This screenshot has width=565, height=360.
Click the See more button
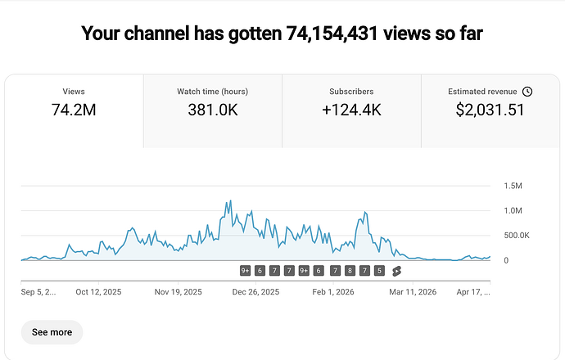tap(52, 332)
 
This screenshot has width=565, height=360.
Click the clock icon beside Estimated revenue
tap(527, 92)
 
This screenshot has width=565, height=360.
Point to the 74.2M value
tap(74, 110)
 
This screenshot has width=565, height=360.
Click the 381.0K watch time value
tap(212, 110)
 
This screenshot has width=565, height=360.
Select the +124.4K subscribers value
tap(351, 110)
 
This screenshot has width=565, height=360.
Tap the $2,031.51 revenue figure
tap(490, 110)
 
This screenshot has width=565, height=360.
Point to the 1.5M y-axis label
tap(513, 187)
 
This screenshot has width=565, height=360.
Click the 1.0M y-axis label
tap(513, 211)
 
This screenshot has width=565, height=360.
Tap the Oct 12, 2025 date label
tap(98, 291)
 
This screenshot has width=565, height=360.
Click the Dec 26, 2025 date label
tap(255, 291)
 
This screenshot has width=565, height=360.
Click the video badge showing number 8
tap(350, 271)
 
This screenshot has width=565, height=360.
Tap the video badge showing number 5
tap(379, 271)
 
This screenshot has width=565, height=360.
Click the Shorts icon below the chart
tap(397, 271)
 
